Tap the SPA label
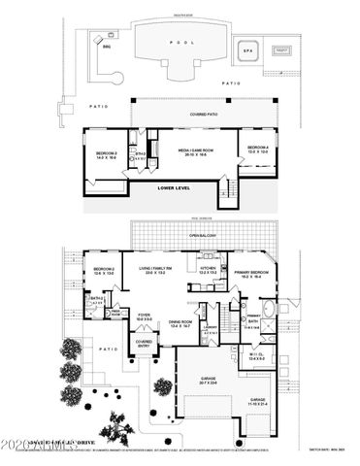click(248, 49)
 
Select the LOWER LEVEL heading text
click(177, 187)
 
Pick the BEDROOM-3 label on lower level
click(106, 153)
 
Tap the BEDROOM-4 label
click(258, 149)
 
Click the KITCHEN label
click(208, 268)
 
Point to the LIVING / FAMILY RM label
click(155, 269)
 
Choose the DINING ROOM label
click(180, 323)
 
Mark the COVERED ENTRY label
click(144, 342)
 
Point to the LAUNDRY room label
click(211, 327)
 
